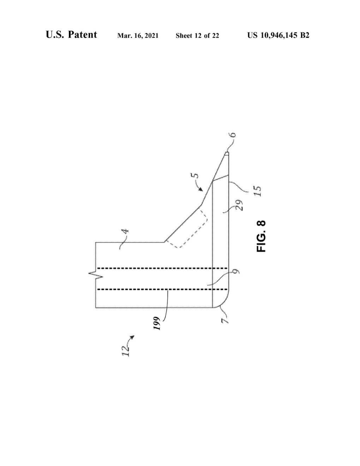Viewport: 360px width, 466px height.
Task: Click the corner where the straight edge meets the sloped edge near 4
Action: pyautogui.click(x=164, y=242)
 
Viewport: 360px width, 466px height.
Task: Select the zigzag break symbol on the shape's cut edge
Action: pyautogui.click(x=96, y=274)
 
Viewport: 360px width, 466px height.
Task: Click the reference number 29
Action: pyautogui.click(x=239, y=205)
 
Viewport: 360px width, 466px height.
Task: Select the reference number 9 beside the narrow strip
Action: pyautogui.click(x=236, y=271)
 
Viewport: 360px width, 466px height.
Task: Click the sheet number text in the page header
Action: pyautogui.click(x=197, y=35)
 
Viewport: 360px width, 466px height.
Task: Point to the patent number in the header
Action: pyautogui.click(x=278, y=35)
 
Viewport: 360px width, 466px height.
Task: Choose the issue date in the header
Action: pyautogui.click(x=138, y=36)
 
